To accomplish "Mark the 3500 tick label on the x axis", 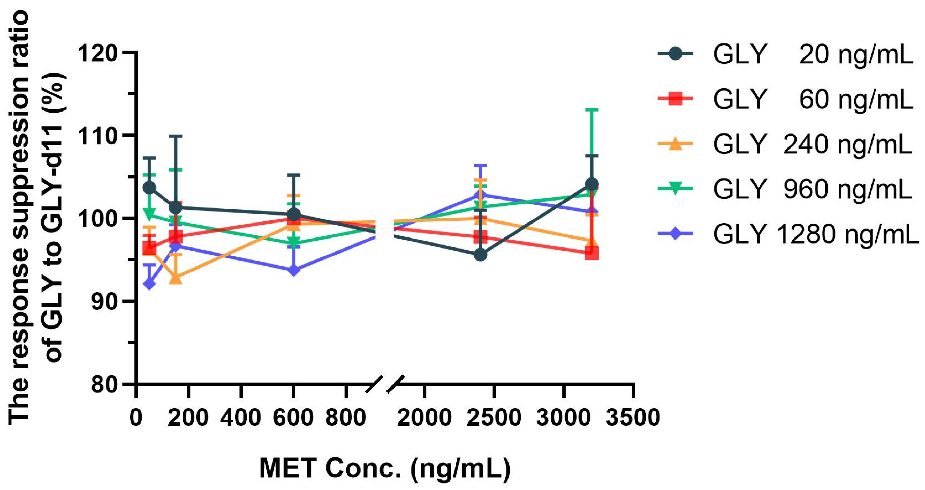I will pos(633,418).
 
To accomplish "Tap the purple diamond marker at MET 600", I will pos(294,270).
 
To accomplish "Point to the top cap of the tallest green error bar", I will pos(592,109).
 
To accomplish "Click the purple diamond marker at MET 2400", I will pos(480,195).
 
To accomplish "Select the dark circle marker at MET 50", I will pos(149,187).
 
